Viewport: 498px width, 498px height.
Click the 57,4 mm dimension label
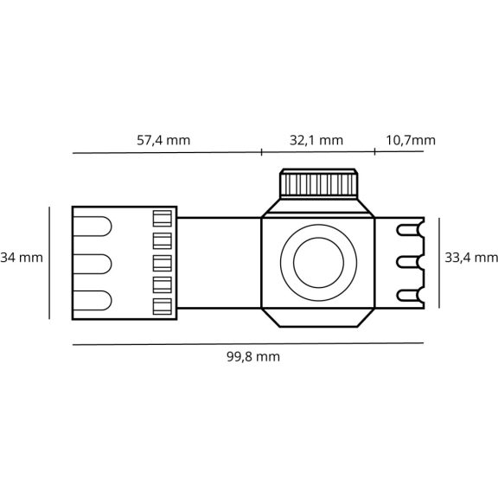point(163,140)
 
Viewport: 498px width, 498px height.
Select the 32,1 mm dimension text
point(316,140)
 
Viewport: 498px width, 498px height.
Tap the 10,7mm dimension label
point(411,140)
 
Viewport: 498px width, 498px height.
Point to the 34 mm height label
point(22,258)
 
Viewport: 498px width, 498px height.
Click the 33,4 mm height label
point(471,258)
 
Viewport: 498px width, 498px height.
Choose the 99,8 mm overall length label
point(253,357)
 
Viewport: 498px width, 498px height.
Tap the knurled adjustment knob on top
point(318,183)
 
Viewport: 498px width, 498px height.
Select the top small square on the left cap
point(163,219)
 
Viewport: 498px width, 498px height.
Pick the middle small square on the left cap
point(163,264)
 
